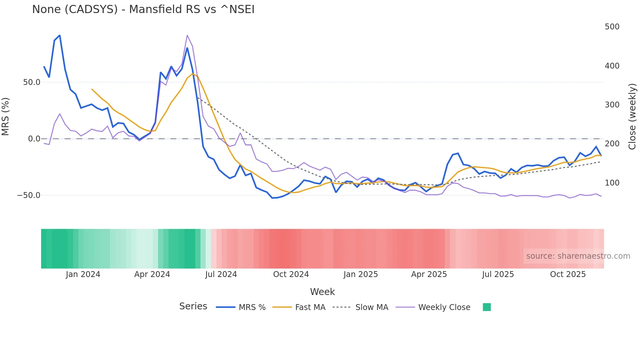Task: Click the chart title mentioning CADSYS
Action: (143, 9)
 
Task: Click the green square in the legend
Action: (487, 307)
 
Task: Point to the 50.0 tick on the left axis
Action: (32, 82)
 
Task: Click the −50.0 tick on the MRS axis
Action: (29, 195)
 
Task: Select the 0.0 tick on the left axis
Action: (34, 139)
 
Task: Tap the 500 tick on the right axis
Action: (612, 27)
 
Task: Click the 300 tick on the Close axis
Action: (612, 105)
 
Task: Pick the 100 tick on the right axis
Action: (612, 183)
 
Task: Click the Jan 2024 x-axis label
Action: (83, 274)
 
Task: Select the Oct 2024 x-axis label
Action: (291, 274)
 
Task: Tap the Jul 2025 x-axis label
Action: (498, 274)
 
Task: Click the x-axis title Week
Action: (322, 292)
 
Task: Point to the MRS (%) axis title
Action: (6, 116)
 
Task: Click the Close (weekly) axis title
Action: (632, 116)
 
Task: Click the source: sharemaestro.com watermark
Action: (578, 256)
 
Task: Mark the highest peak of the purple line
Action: (187, 35)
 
